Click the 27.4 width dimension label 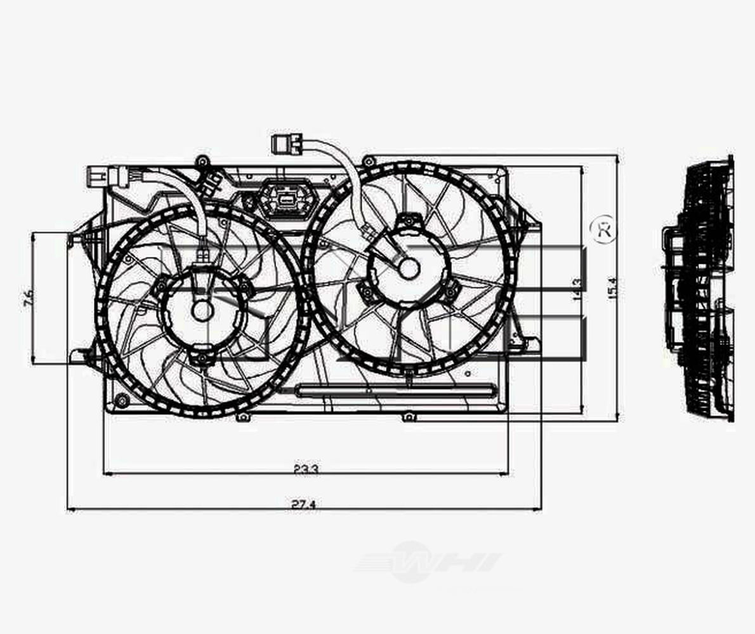pos(304,504)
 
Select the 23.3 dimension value pos(306,469)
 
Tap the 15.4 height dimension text pos(612,289)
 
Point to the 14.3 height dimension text pos(576,289)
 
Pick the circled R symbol pos(603,230)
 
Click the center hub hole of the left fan pos(202,311)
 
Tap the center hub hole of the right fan pos(409,269)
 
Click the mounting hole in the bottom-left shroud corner pos(121,401)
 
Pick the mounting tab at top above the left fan pos(202,160)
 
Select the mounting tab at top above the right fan pos(366,160)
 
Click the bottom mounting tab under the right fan pos(409,417)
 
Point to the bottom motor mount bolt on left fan pos(202,359)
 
